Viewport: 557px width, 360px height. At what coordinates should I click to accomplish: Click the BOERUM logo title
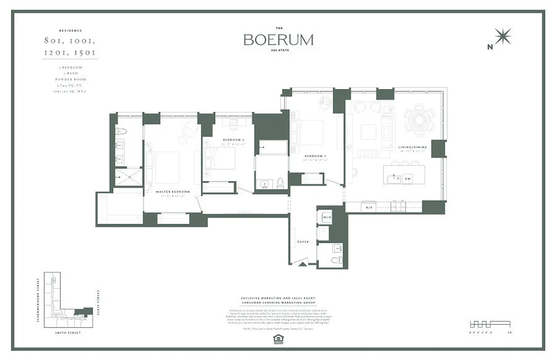tap(278, 40)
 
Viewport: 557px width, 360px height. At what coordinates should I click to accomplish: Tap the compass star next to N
tap(503, 36)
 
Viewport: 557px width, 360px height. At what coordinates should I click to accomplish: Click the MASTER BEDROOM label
tap(172, 192)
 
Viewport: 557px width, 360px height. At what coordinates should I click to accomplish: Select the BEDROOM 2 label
tap(233, 140)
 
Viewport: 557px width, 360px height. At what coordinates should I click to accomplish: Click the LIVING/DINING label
tap(412, 147)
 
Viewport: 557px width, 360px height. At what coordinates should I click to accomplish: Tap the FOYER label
tap(303, 242)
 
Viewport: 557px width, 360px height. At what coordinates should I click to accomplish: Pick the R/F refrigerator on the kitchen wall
tap(368, 207)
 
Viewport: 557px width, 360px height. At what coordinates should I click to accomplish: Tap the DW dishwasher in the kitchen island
tap(407, 178)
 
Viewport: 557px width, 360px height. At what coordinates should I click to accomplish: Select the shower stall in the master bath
tap(128, 177)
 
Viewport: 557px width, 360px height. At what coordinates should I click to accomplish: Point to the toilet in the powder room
tap(335, 260)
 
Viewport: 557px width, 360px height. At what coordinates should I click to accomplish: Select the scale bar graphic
tap(489, 324)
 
